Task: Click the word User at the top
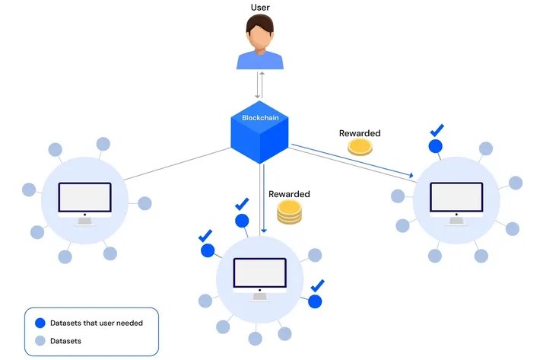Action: (260, 8)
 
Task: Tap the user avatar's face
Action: (260, 34)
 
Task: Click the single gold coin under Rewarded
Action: (360, 148)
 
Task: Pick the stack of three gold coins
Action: (289, 212)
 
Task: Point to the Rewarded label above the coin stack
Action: (289, 194)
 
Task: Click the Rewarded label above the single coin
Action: (360, 133)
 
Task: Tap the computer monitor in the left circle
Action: (84, 201)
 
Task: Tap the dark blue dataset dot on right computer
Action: (436, 146)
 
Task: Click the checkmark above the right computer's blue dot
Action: (437, 130)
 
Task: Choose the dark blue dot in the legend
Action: (40, 323)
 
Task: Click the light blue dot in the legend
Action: (40, 341)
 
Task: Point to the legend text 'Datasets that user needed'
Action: (96, 323)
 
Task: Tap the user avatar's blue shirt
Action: (260, 59)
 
